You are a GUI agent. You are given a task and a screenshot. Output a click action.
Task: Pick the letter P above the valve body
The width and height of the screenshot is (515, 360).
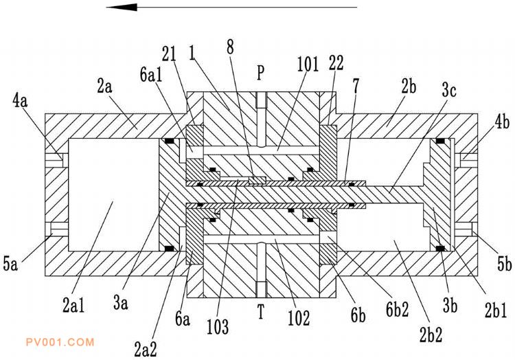pyautogui.click(x=261, y=71)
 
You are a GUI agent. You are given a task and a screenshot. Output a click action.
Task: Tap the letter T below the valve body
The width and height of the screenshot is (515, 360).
pyautogui.click(x=261, y=313)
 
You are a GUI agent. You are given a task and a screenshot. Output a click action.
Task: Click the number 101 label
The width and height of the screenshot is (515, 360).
pyautogui.click(x=309, y=65)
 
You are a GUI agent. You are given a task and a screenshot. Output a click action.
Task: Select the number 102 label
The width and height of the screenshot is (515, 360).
pyautogui.click(x=299, y=318)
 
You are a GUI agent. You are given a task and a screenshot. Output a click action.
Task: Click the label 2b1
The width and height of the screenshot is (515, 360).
pyautogui.click(x=494, y=311)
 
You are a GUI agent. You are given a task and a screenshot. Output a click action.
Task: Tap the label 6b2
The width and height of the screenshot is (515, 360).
pyautogui.click(x=396, y=309)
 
